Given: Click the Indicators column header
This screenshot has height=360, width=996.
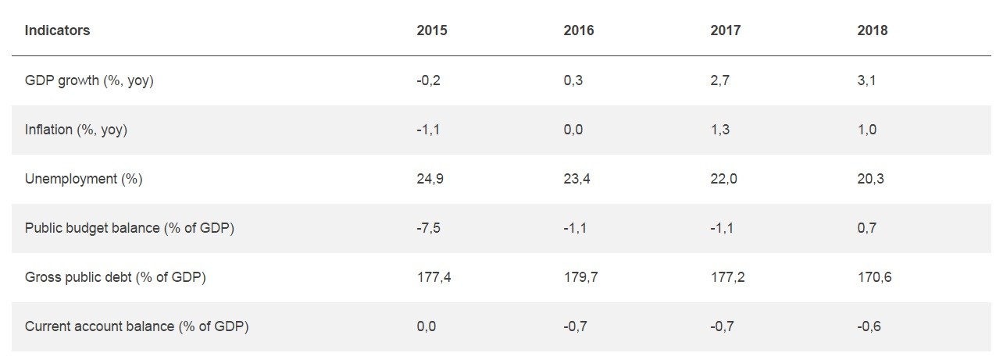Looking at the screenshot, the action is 57,30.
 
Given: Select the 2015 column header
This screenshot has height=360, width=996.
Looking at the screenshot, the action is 432,30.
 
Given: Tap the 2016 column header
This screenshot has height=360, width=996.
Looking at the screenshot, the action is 579,30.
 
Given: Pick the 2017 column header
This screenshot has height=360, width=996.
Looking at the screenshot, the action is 725,30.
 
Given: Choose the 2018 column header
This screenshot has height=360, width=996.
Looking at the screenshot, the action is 872,30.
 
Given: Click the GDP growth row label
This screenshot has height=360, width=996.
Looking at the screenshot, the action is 89,80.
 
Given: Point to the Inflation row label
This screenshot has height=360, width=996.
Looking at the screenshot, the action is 76,130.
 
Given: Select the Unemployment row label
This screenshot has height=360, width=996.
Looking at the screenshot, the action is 84,179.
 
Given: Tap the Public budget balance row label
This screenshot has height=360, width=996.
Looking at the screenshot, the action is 130,228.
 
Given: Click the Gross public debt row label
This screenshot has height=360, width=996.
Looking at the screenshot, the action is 115,277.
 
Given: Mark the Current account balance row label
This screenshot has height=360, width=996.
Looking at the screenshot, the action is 137,326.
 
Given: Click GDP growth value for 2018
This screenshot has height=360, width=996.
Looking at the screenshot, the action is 866,80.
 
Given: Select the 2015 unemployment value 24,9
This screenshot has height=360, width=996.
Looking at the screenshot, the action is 430,179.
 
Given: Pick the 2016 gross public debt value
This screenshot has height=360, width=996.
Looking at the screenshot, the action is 580,277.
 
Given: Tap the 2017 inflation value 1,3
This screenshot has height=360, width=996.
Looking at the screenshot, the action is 719,130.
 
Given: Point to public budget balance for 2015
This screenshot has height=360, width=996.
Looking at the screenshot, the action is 428,228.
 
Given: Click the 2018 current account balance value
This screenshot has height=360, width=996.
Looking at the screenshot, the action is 869,326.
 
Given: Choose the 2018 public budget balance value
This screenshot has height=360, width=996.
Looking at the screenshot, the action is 866,228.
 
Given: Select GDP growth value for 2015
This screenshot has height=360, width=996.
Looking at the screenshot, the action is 428,80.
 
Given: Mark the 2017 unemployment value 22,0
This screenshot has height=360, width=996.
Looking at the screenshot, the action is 723,179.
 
